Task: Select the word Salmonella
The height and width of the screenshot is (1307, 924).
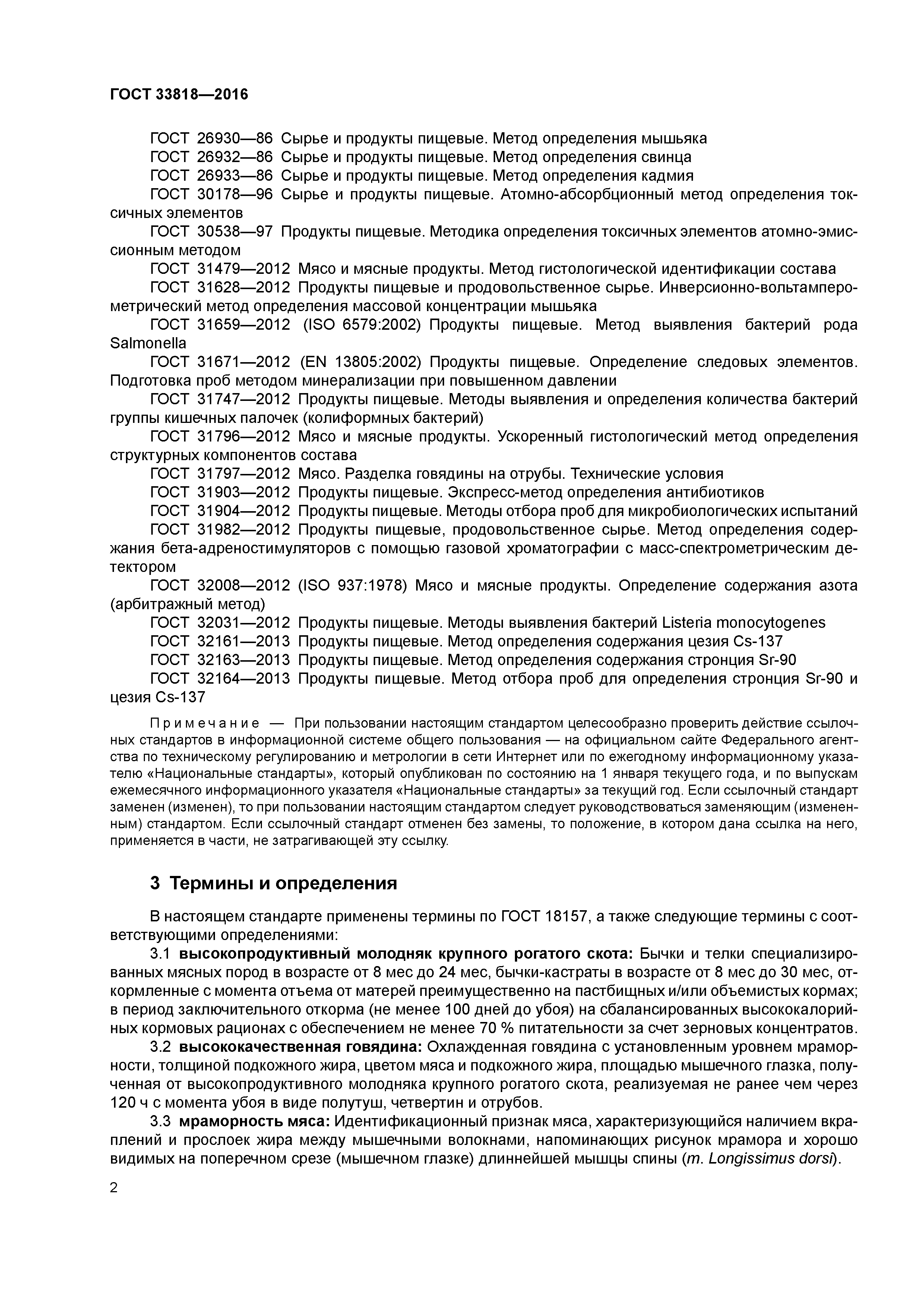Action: point(148,343)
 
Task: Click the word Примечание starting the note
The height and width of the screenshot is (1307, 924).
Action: point(205,724)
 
